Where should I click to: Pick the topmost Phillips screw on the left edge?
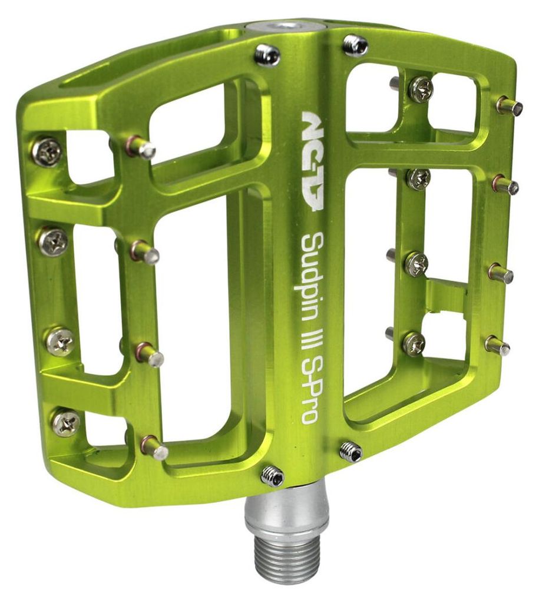(x=47, y=150)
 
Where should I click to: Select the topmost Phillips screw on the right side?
(x=421, y=90)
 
